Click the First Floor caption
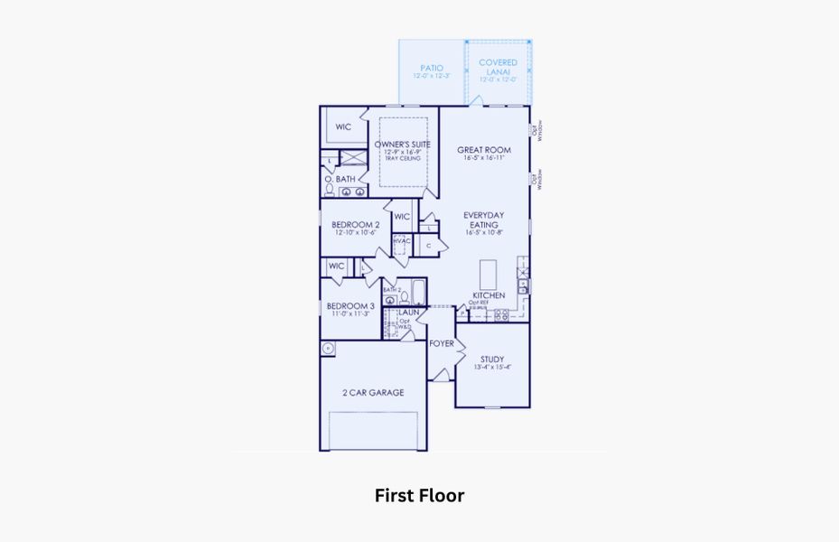pyautogui.click(x=419, y=496)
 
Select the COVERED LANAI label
pyautogui.click(x=498, y=67)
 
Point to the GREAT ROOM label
pyautogui.click(x=483, y=150)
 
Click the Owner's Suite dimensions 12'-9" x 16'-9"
pyautogui.click(x=402, y=152)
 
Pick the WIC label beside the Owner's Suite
pyautogui.click(x=343, y=127)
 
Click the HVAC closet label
pyautogui.click(x=400, y=240)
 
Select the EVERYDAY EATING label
pyautogui.click(x=483, y=220)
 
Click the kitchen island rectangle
pyautogui.click(x=488, y=272)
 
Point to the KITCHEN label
pyautogui.click(x=489, y=295)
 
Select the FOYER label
pyautogui.click(x=441, y=343)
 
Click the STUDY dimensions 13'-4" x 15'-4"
pyautogui.click(x=491, y=367)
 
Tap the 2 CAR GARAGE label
pyautogui.click(x=372, y=392)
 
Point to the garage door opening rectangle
pyautogui.click(x=372, y=430)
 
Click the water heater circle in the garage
pyautogui.click(x=328, y=349)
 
